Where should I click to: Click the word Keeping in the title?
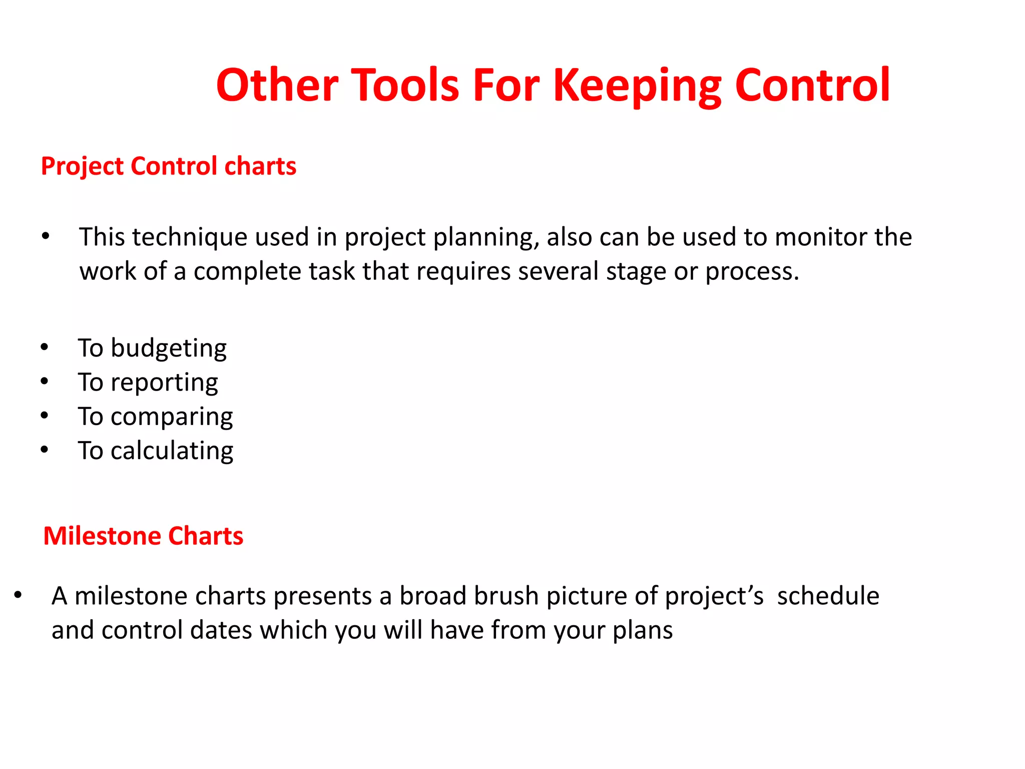pyautogui.click(x=637, y=86)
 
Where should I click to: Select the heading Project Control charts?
pyautogui.click(x=169, y=166)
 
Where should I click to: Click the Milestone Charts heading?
pyautogui.click(x=143, y=536)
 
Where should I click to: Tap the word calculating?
pyautogui.click(x=172, y=451)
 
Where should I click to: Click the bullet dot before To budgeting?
pyautogui.click(x=45, y=347)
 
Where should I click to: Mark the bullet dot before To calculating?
pyautogui.click(x=45, y=450)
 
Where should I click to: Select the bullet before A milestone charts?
pyautogui.click(x=18, y=595)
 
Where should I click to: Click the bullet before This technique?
pyautogui.click(x=46, y=236)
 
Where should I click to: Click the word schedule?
pyautogui.click(x=828, y=596)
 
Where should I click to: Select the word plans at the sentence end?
pyautogui.click(x=643, y=630)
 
